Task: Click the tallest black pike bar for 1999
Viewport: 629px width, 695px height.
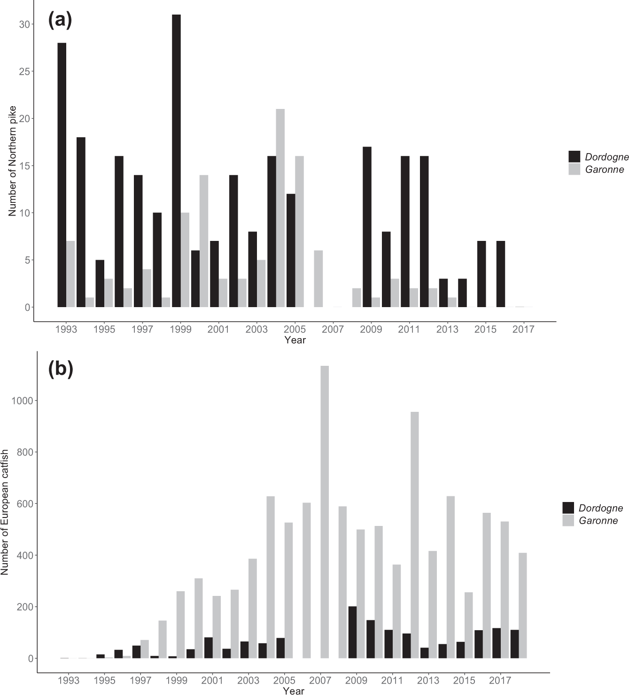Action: [176, 161]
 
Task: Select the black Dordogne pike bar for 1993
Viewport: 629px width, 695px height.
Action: [62, 175]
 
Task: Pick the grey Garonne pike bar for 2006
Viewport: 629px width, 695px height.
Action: [318, 278]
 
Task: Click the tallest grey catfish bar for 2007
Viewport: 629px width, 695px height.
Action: [325, 512]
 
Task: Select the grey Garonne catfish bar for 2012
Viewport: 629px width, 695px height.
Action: [415, 535]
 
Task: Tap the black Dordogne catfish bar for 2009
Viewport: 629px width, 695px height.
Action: [352, 632]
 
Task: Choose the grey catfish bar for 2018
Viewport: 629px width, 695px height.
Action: [522, 605]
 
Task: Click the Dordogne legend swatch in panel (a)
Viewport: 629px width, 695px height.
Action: [575, 157]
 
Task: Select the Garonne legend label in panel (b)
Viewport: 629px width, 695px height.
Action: [598, 520]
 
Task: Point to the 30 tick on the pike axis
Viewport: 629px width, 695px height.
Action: [24, 24]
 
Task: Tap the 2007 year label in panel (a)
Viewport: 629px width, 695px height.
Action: [333, 329]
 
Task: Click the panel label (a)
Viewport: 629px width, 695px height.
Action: [60, 20]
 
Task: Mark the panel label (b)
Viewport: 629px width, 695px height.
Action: [61, 370]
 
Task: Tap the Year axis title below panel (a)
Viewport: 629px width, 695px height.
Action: [295, 340]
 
